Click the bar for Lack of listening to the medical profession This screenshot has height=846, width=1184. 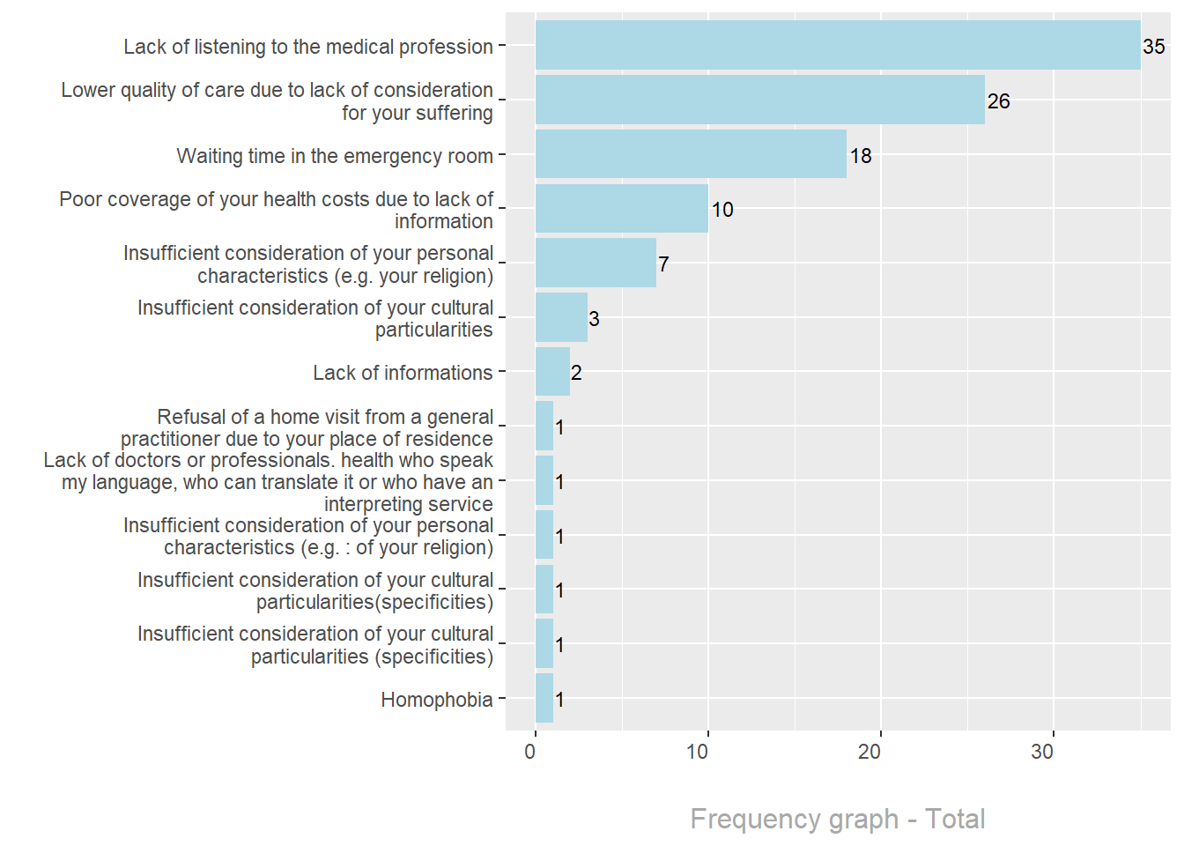(837, 46)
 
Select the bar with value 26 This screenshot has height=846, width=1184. (759, 100)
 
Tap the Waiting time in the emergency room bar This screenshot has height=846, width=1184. (691, 154)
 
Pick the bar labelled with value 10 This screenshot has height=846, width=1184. (621, 209)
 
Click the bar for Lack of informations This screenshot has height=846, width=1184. (552, 372)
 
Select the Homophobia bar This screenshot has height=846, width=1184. (544, 698)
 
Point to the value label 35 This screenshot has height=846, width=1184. (1153, 47)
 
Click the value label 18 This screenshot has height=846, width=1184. (861, 156)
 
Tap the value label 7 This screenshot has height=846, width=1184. (663, 264)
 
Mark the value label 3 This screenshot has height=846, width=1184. (594, 319)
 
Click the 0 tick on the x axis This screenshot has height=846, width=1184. (530, 752)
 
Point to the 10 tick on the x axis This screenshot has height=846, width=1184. (698, 752)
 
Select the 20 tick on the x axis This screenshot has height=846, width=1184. (869, 752)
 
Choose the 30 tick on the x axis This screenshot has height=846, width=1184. (1042, 752)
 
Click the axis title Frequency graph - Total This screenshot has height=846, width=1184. (837, 819)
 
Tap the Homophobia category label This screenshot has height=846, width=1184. (436, 700)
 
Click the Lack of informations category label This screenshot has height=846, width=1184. (403, 373)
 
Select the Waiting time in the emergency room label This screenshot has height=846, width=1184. (335, 156)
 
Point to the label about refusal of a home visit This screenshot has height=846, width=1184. (307, 427)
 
